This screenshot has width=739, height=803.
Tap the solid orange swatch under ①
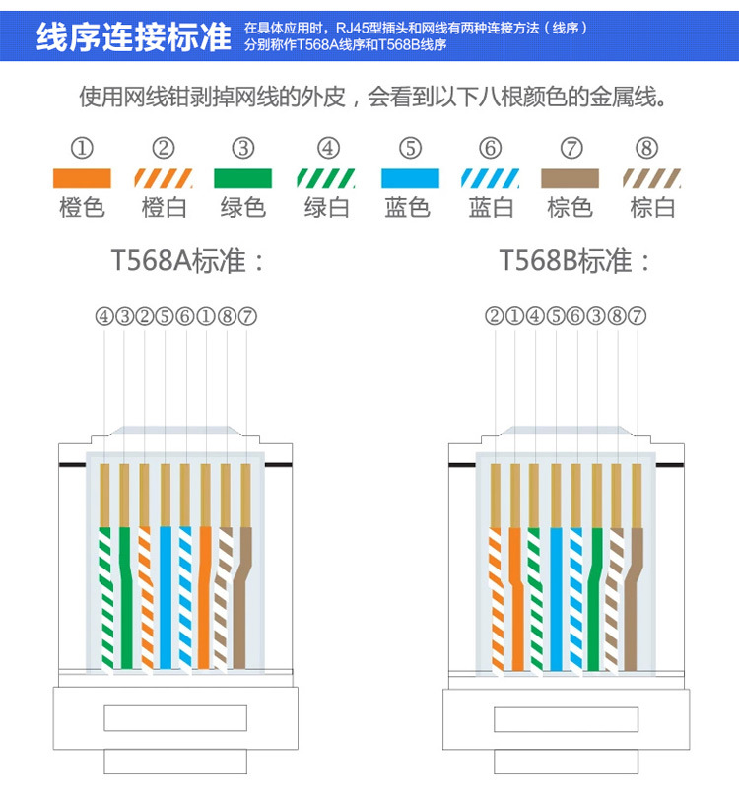click(x=82, y=178)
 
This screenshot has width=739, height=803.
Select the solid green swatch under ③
click(x=242, y=178)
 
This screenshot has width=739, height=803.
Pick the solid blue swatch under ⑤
click(x=410, y=178)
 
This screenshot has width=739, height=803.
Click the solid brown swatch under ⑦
click(x=570, y=178)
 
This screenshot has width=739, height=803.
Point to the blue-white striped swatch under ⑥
click(x=491, y=178)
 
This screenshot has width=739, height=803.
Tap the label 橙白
click(x=164, y=208)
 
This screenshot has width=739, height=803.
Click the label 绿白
click(x=327, y=208)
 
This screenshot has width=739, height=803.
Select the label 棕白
click(x=652, y=208)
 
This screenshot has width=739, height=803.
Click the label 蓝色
click(x=408, y=208)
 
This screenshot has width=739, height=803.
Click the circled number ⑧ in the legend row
click(x=646, y=149)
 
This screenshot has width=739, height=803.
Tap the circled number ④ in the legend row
click(x=328, y=149)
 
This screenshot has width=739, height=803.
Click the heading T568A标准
click(x=188, y=261)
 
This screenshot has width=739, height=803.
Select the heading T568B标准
click(x=575, y=261)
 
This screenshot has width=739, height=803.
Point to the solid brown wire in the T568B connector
click(x=636, y=601)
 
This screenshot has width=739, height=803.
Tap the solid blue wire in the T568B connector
click(x=557, y=601)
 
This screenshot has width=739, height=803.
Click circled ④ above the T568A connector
click(x=104, y=317)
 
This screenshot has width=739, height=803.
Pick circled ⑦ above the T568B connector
click(x=637, y=317)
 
